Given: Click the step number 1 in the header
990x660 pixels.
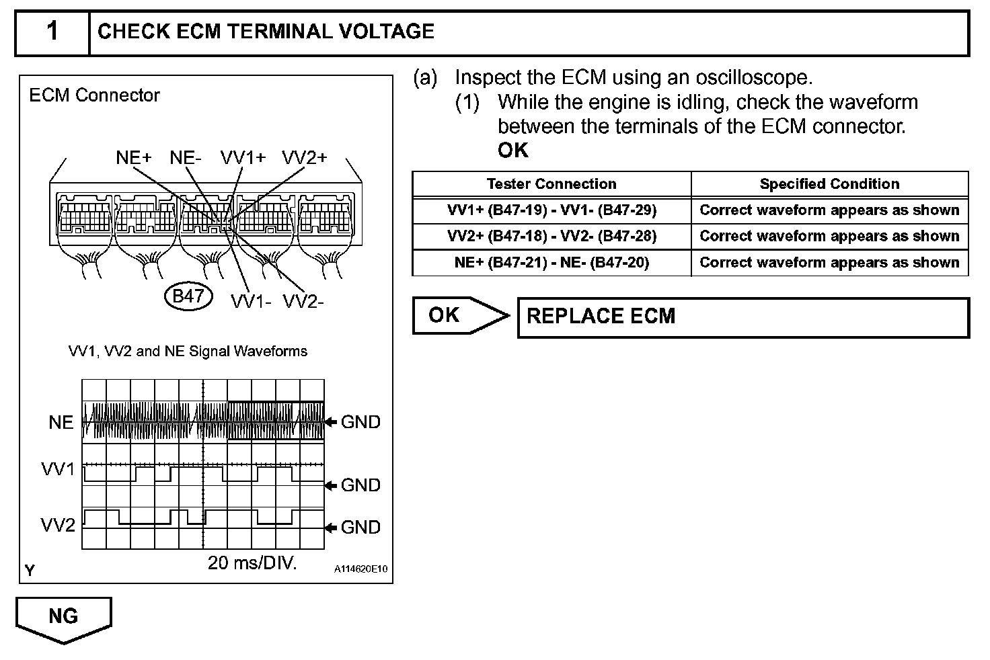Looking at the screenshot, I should tap(52, 32).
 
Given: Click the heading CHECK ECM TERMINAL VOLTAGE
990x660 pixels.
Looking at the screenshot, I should tap(266, 32).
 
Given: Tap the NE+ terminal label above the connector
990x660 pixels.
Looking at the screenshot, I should tap(134, 157).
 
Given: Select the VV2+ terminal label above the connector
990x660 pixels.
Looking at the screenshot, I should tap(304, 157).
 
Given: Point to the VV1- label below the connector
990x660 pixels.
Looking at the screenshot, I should tap(251, 301).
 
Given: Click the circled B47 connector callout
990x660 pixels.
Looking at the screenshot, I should tap(188, 296).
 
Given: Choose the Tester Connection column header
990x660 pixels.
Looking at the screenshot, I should tap(551, 184).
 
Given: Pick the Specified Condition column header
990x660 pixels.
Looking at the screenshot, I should tap(829, 184).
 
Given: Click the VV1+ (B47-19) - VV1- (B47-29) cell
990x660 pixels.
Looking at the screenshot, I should tap(551, 210).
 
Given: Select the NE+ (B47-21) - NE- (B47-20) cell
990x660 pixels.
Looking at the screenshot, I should tap(551, 263).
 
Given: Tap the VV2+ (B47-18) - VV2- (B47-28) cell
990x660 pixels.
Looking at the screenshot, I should tap(551, 237).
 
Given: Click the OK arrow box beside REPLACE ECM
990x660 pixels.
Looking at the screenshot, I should tap(457, 315).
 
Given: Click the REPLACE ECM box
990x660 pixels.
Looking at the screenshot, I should tap(743, 317).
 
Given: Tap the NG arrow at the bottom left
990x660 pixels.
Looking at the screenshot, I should tap(64, 618).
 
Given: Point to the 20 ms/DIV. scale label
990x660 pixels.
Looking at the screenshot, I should tap(252, 563).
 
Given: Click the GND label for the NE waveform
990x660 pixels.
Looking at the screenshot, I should tap(360, 422).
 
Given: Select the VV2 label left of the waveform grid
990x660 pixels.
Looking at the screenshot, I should tap(59, 525).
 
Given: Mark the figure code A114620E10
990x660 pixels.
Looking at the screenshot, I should tap(361, 569).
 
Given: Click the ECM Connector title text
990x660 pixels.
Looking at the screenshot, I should tap(94, 95).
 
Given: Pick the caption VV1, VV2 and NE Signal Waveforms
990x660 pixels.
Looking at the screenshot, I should tap(188, 351).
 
